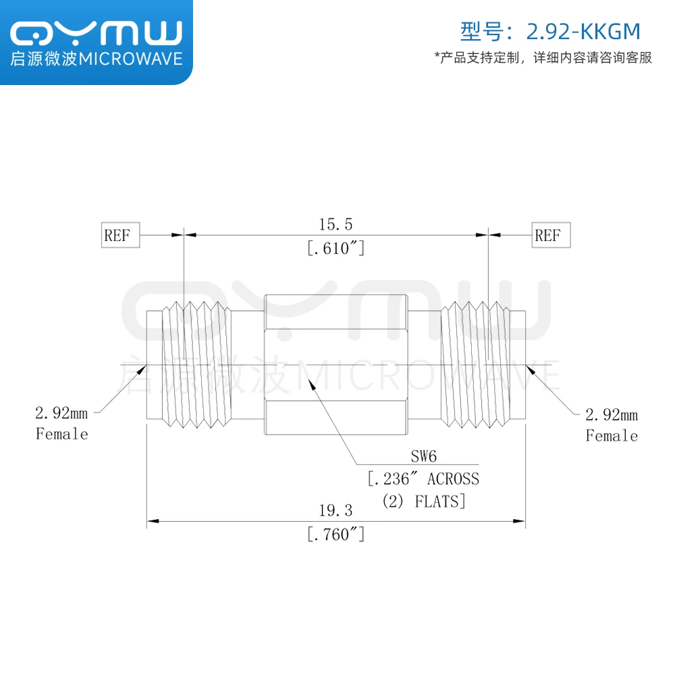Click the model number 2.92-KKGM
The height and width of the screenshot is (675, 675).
click(x=582, y=31)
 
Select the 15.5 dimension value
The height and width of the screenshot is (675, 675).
click(x=335, y=224)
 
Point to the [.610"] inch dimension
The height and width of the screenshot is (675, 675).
click(x=335, y=248)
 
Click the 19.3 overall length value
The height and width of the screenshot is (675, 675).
click(x=335, y=511)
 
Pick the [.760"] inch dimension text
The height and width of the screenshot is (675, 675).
click(x=335, y=535)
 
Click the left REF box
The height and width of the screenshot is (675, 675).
click(x=121, y=236)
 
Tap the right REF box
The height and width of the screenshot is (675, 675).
click(x=550, y=236)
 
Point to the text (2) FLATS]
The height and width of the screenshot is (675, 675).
click(x=423, y=502)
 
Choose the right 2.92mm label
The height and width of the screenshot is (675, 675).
click(x=612, y=414)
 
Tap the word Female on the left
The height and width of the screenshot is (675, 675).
click(x=62, y=434)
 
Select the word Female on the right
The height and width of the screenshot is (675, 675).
click(x=612, y=436)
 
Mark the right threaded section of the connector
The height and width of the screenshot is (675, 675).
click(x=475, y=364)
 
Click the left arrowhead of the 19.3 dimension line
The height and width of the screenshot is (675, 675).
click(x=152, y=521)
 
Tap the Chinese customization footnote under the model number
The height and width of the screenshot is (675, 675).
click(x=543, y=58)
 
